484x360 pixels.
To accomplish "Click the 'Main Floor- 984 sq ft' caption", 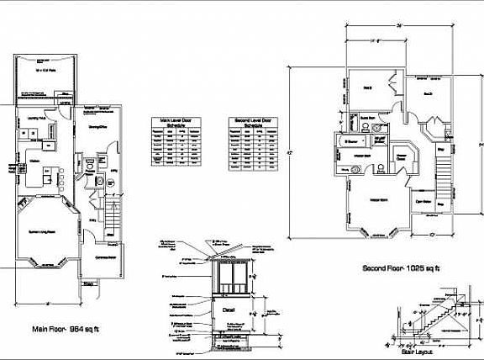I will pos(62,329).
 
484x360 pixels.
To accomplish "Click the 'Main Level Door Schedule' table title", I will pos(176,124).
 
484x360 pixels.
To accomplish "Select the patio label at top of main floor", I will pos(39,71).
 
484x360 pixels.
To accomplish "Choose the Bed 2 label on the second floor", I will pos(368,87).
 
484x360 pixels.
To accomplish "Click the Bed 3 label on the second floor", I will pos(427,93).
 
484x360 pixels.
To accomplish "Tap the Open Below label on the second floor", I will pos(423,202).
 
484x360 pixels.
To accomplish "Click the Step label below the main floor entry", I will pos(89,284).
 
